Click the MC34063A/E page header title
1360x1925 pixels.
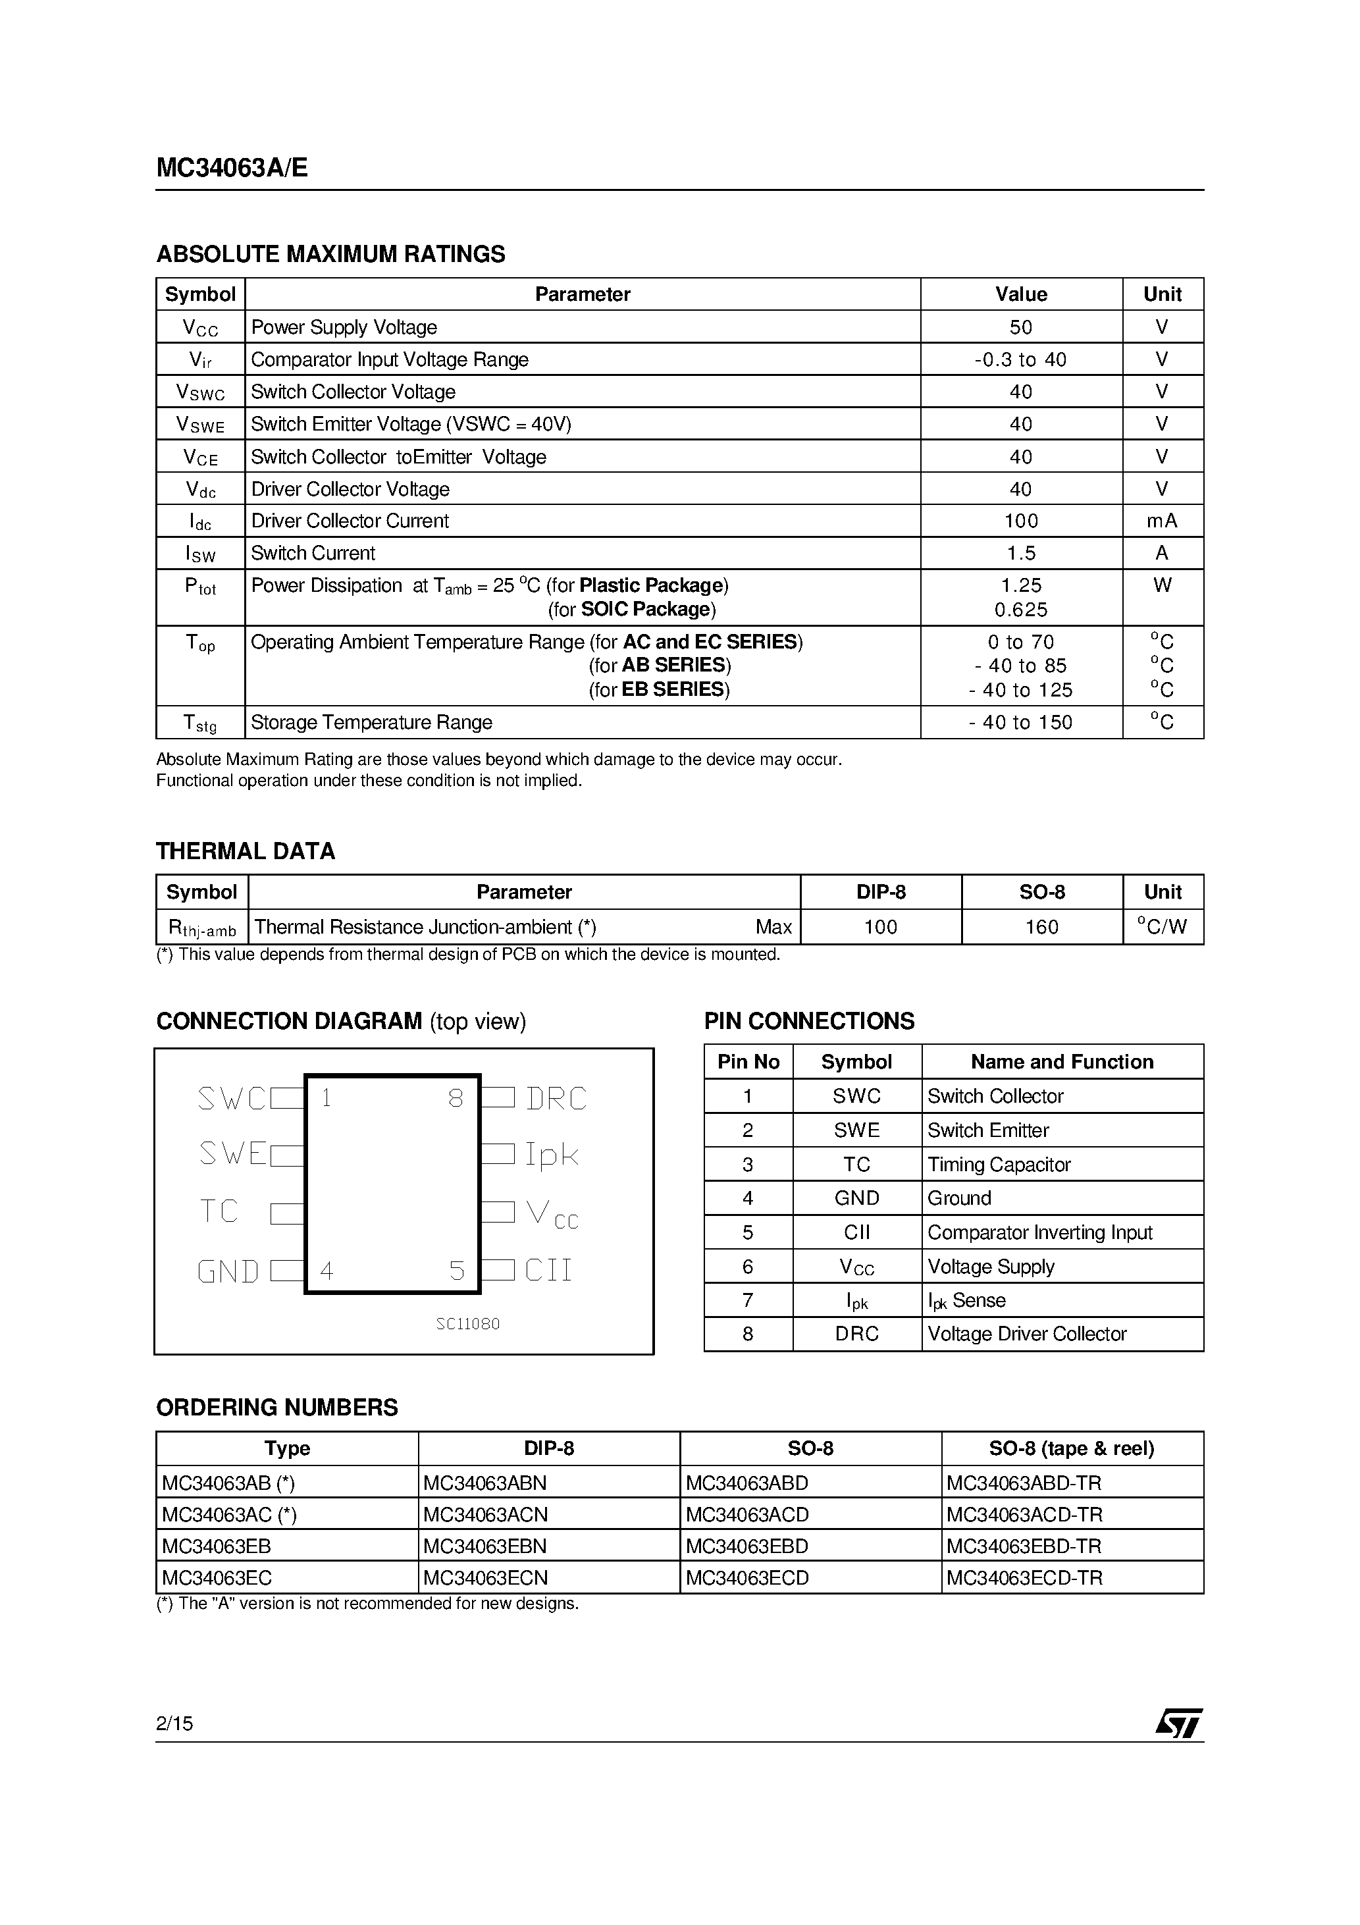coord(232,169)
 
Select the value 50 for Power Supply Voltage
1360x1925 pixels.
coord(1020,327)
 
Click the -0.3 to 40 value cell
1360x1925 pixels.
coord(1020,359)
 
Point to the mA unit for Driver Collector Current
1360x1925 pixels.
coord(1161,521)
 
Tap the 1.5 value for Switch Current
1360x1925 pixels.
coord(1020,554)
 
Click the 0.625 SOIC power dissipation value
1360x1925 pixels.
coord(1020,610)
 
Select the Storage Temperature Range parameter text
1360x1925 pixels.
coord(371,722)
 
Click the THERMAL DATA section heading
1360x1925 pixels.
coord(246,851)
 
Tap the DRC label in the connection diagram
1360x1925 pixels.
coord(556,1098)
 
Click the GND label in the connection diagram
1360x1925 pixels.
coord(227,1272)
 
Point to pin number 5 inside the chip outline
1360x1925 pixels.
coord(456,1271)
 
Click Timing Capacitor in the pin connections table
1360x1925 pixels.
coord(999,1165)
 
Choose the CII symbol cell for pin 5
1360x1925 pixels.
coord(856,1232)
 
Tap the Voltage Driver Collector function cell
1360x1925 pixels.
coord(1026,1334)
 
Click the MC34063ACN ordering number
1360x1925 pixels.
coord(484,1514)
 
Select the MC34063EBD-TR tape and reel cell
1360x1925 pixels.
coord(1023,1546)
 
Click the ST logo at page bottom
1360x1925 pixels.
coord(1178,1723)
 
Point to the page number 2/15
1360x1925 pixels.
coord(174,1723)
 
